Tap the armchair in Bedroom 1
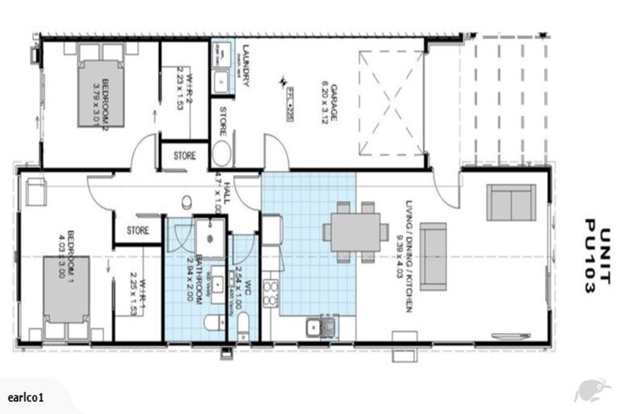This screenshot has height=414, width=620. pyautogui.click(x=36, y=192)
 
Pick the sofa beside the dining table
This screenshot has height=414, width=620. pyautogui.click(x=434, y=256)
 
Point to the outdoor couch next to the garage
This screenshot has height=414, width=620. pyautogui.click(x=510, y=202)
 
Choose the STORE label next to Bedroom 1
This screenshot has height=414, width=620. pyautogui.click(x=138, y=230)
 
